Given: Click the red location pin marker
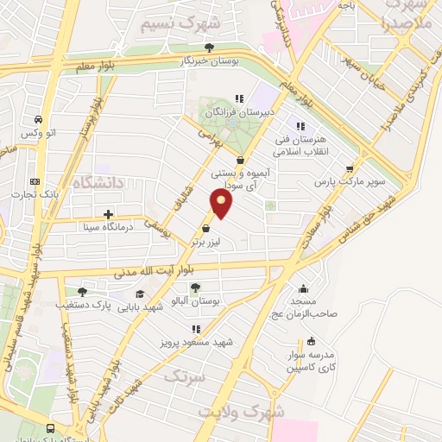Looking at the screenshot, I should click(222, 204).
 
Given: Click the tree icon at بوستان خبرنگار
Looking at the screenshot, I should click(208, 47).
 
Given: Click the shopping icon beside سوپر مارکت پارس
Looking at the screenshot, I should click(349, 169).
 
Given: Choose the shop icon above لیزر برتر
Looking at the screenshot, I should click(205, 229).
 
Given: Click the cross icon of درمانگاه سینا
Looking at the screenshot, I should click(108, 214).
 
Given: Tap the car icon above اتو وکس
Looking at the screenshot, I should click(39, 119).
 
